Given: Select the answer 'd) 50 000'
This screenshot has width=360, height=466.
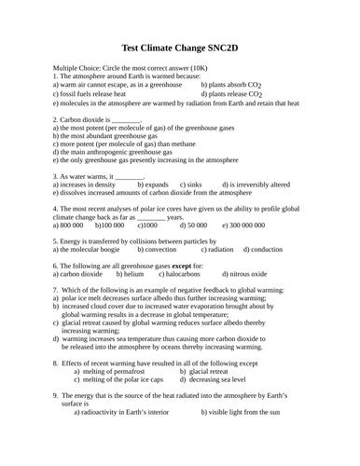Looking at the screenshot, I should [192, 226].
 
